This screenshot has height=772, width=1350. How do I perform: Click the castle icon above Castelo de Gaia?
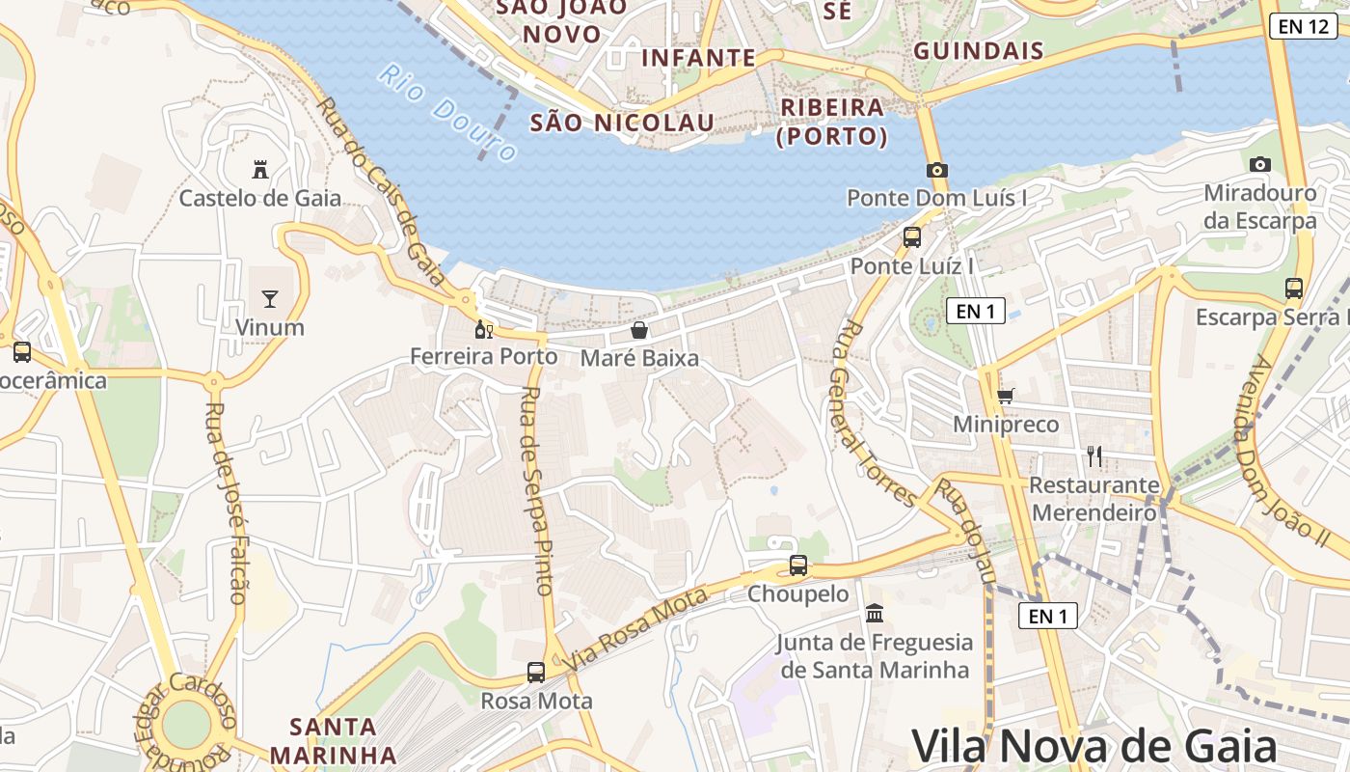tap(259, 170)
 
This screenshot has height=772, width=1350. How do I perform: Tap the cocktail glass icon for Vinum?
tap(270, 298)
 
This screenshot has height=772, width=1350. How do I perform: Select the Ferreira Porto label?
tap(484, 356)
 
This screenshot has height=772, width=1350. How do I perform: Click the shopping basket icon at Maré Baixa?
tap(638, 330)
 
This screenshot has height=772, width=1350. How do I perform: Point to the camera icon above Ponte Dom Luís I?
tap(936, 170)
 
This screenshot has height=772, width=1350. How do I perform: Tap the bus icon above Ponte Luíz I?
tap(911, 236)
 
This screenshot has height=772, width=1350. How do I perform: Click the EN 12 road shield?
tap(1302, 26)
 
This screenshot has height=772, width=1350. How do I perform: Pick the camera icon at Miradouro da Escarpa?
tap(1259, 164)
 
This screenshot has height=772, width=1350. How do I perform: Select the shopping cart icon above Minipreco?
tap(1006, 395)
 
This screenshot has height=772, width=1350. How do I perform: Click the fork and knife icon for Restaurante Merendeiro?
tap(1093, 455)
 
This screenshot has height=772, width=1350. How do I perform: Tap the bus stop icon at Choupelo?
tap(798, 565)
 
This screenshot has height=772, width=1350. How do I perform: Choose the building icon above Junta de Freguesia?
tap(875, 613)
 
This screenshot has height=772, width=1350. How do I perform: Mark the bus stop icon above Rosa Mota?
tap(536, 672)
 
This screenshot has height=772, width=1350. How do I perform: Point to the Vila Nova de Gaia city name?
tap(1093, 746)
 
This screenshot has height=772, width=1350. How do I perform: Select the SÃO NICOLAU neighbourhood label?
tap(623, 123)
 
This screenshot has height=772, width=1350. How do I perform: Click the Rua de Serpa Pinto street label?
tap(536, 490)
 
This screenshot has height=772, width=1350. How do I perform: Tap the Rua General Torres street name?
tap(873, 413)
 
